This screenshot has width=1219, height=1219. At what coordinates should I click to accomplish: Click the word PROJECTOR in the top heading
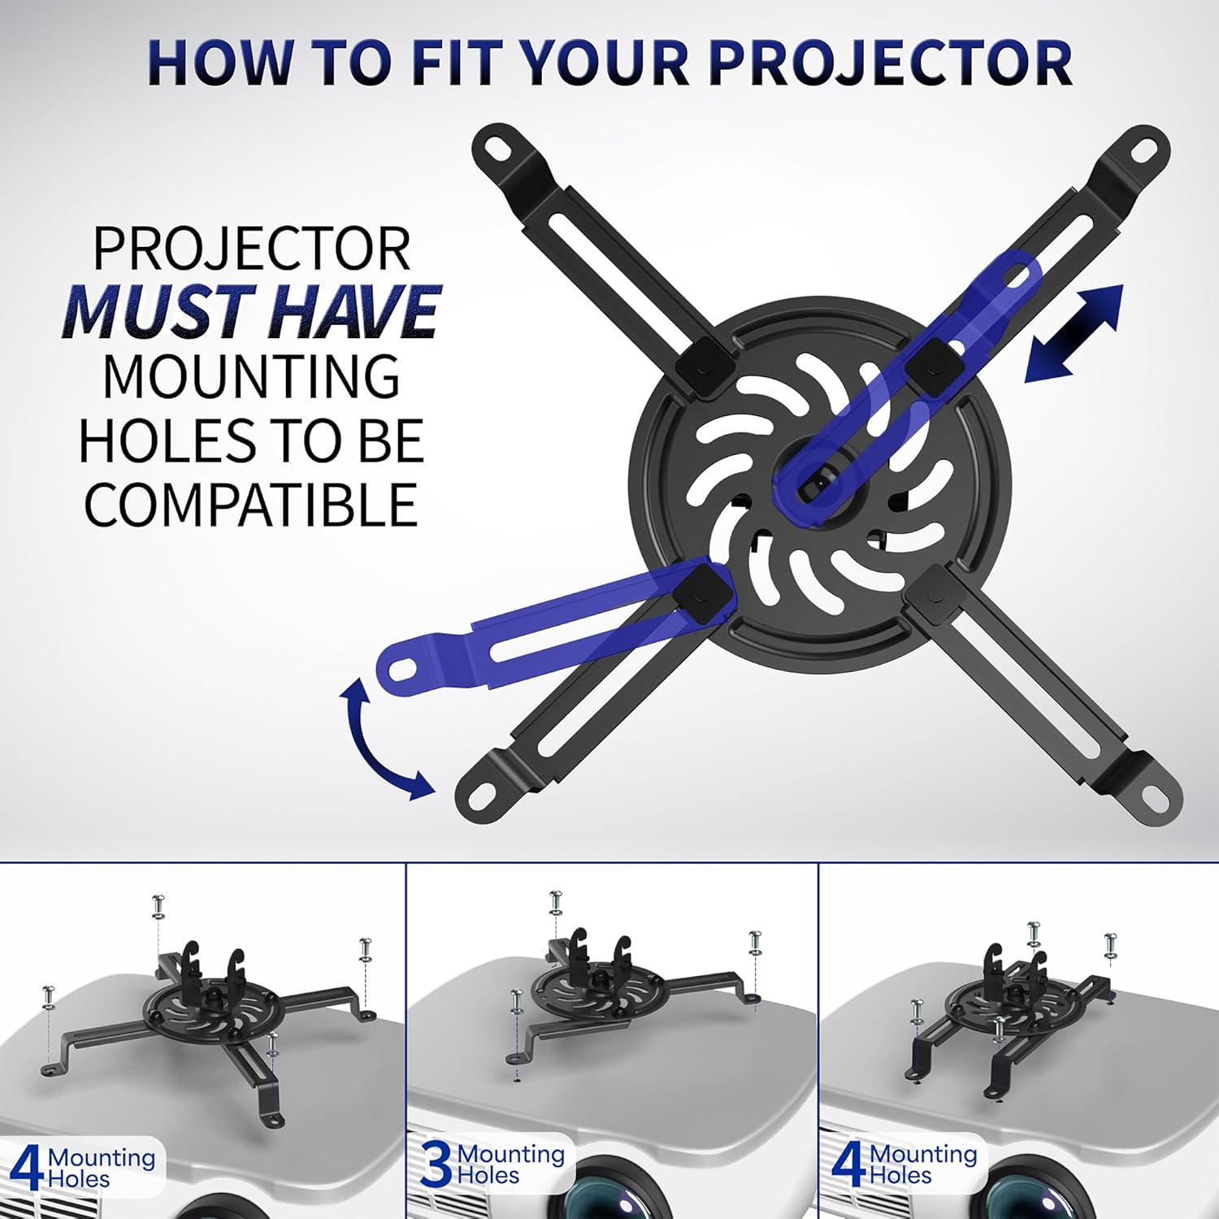tap(891, 63)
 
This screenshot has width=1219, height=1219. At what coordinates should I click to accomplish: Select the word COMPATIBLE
tap(250, 505)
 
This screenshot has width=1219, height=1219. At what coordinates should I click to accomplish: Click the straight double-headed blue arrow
tap(1074, 333)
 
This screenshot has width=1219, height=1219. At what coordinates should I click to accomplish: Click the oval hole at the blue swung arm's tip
tap(402, 669)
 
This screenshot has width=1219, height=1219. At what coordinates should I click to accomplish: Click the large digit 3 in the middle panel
tap(437, 1165)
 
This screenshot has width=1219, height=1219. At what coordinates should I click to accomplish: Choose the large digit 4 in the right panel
tap(848, 1165)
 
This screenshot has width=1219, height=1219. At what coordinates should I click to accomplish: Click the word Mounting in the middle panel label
tap(511, 1154)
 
